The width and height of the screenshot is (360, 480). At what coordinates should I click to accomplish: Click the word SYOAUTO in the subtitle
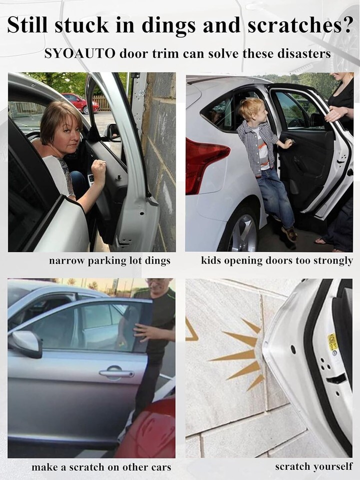[x=80, y=53]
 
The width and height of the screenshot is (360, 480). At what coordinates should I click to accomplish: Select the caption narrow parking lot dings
[x=109, y=261]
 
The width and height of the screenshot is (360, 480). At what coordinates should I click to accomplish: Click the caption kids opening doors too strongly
[x=277, y=261]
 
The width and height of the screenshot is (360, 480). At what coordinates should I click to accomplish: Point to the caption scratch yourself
[x=314, y=466]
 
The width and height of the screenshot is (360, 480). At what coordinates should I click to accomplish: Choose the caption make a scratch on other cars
[x=101, y=467]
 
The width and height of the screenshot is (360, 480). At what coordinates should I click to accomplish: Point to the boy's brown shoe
[x=289, y=233]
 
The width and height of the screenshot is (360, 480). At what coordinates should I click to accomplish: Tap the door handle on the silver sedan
[x=116, y=372]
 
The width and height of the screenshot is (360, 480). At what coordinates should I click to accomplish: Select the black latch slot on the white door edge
[x=336, y=379]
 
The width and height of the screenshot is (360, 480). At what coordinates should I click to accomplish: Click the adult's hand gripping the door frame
[x=335, y=114]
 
